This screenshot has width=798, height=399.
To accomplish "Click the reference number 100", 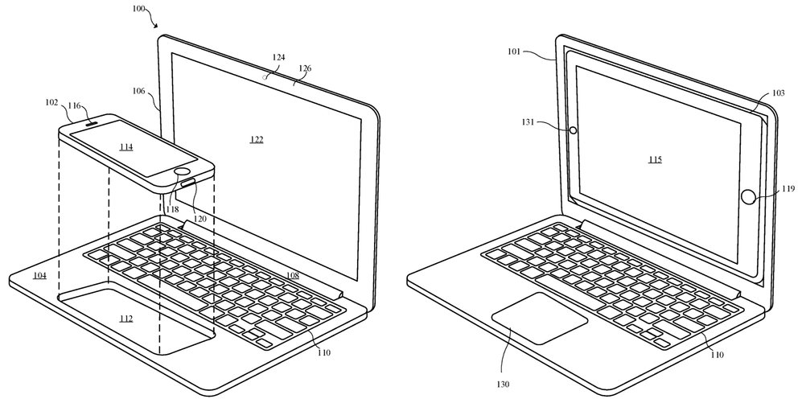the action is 138,9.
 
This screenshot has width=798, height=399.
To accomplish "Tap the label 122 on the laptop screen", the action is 257,139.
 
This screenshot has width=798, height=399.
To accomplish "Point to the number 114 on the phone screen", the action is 126,147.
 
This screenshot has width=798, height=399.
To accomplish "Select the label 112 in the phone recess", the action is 126,319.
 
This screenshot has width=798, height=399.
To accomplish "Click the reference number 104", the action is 39,275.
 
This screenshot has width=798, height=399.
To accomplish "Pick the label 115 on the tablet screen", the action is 655,160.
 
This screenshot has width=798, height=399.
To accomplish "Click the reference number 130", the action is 504,385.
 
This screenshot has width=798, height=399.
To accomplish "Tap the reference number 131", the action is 527,121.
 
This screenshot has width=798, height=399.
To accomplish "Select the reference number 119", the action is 788,189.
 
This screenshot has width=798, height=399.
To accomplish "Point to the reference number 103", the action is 778,93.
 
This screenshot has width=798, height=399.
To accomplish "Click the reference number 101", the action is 514,51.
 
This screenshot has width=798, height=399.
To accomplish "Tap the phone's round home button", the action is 183,172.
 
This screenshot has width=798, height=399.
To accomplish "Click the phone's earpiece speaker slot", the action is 92,122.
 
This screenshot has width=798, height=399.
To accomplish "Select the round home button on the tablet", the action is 747,196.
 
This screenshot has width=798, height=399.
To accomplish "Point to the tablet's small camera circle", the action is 573,130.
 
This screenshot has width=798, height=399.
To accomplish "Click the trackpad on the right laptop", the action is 540,318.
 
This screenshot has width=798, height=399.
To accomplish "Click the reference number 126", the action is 306,68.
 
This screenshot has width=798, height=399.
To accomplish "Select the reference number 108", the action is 292,275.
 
